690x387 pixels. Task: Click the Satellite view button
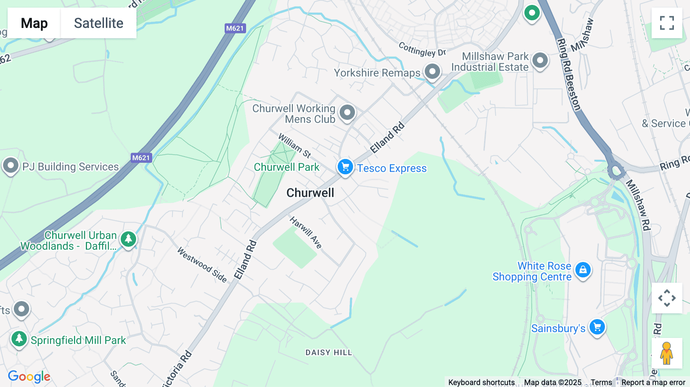(99, 23)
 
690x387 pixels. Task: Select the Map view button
(34, 23)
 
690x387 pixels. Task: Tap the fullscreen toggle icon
(667, 23)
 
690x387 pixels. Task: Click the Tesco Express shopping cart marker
(345, 167)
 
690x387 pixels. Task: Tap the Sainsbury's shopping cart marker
(597, 327)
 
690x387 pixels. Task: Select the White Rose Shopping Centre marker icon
(583, 270)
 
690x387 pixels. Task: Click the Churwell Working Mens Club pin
(347, 113)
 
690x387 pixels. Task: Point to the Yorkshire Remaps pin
(432, 71)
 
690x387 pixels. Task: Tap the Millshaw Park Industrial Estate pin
(540, 60)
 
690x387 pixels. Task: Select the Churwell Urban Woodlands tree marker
(128, 239)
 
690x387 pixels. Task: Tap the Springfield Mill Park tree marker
(19, 339)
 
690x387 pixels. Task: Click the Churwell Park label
(286, 167)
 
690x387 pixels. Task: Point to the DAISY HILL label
(329, 353)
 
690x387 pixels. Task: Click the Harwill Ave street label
(306, 232)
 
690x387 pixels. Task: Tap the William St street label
(294, 145)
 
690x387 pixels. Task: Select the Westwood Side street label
(202, 264)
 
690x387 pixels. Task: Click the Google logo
(29, 377)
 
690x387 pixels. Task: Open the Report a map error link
(653, 382)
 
